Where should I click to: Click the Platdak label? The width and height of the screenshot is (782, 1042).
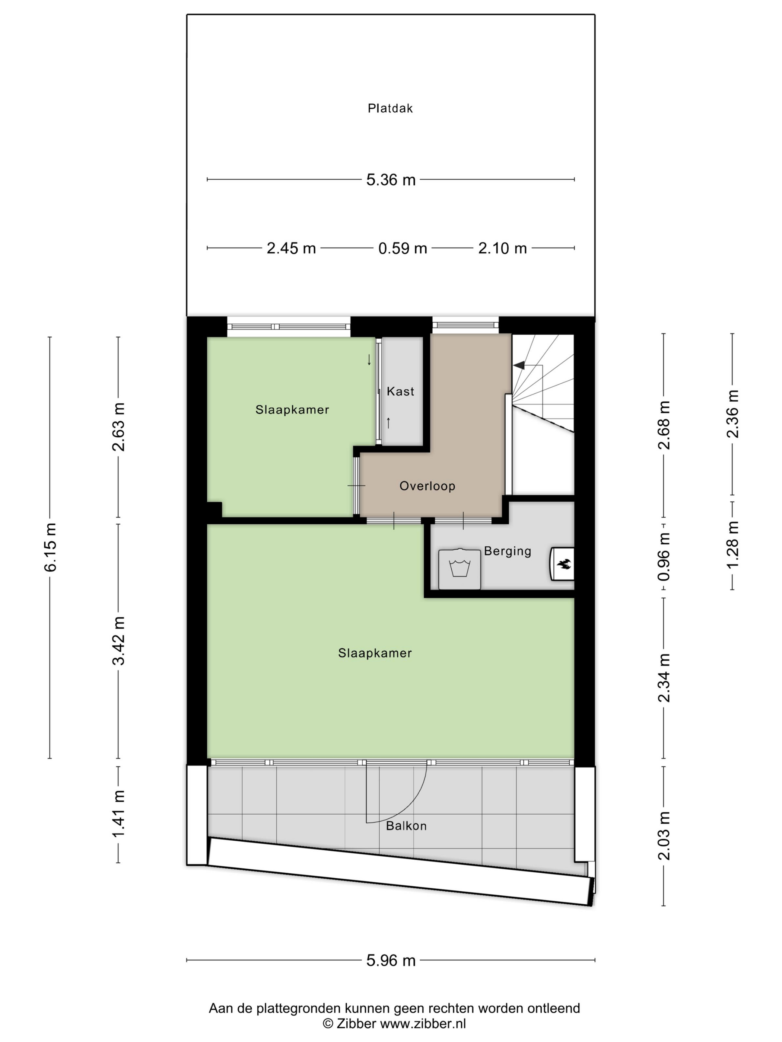coord(390,108)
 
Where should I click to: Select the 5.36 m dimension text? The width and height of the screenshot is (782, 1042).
coord(391,179)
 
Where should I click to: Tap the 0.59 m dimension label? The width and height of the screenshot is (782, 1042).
coord(403,248)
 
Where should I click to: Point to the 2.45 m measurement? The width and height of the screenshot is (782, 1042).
coord(291,248)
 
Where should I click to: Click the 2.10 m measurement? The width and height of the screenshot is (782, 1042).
coord(502,248)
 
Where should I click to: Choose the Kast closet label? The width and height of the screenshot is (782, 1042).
coord(400,391)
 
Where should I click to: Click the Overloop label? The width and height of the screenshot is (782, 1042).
coord(427,486)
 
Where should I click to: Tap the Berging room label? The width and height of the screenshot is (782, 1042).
coord(507,551)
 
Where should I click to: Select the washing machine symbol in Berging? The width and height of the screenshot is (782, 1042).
coord(460,569)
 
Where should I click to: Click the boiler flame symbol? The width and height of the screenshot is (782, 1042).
coord(564,563)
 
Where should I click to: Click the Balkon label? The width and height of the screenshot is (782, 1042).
coord(406,826)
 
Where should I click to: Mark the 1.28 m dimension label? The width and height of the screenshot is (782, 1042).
coord(732,545)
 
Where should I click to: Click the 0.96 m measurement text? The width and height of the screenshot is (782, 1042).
coord(664,556)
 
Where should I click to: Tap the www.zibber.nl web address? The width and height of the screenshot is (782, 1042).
coord(423,1024)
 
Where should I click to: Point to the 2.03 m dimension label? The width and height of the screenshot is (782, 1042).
coord(664,836)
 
